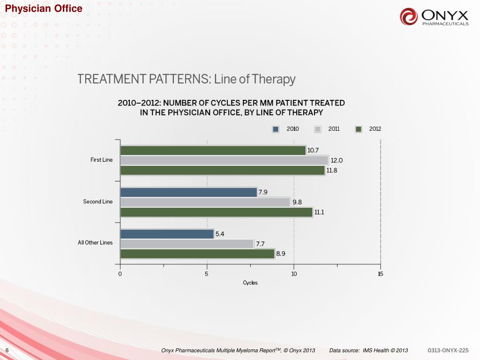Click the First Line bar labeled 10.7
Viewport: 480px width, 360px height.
[x=213, y=150]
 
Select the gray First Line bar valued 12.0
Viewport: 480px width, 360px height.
[x=224, y=160]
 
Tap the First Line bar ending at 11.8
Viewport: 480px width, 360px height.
[x=222, y=170]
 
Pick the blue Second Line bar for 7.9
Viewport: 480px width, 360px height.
[x=188, y=192]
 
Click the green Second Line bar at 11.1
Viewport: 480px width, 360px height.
[x=216, y=212]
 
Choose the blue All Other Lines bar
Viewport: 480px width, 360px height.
[x=167, y=234]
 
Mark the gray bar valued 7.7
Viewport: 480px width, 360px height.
[x=187, y=244]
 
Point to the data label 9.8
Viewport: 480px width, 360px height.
[x=297, y=202]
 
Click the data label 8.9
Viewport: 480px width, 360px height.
[x=281, y=254]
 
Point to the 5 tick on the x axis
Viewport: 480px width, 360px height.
[x=207, y=274]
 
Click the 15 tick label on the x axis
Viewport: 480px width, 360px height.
[x=380, y=274]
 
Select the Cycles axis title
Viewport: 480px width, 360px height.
[x=250, y=283]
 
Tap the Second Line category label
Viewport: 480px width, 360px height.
[x=98, y=202]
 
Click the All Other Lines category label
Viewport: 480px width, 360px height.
[x=95, y=243]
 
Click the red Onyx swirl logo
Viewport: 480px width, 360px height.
[x=409, y=17]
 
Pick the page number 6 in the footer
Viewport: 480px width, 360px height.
[x=7, y=351]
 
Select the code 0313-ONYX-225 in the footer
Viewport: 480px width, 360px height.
[x=448, y=351]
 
